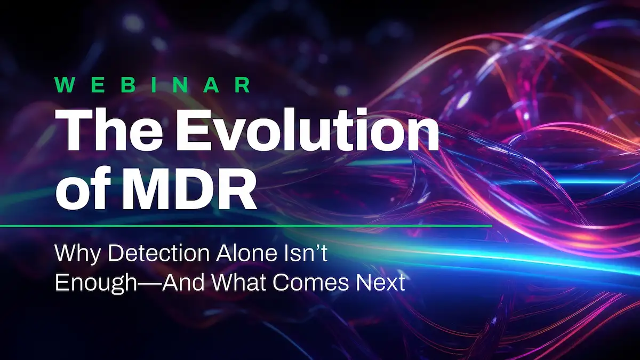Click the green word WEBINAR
click(153, 85)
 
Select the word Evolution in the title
click(307, 130)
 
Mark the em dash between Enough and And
click(152, 284)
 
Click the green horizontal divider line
click(246, 226)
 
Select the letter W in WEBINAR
click(63, 85)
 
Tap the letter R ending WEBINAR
click(243, 85)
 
